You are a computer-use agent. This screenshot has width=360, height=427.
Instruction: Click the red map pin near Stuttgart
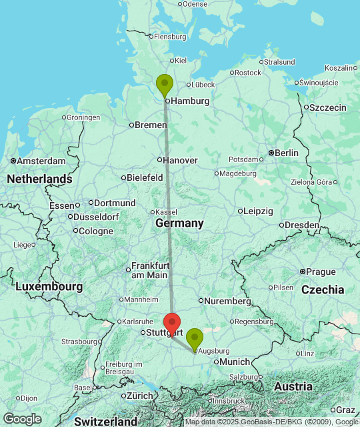click(x=171, y=323)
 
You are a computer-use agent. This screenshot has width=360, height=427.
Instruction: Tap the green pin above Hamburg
click(x=165, y=85)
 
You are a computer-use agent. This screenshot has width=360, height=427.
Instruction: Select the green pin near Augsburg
click(x=194, y=338)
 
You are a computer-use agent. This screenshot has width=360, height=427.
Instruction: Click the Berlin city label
click(x=287, y=153)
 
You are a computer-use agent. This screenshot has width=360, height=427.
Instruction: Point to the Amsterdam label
click(x=41, y=161)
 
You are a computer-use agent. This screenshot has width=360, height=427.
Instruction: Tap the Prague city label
click(x=321, y=272)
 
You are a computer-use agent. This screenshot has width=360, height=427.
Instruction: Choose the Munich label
click(x=235, y=362)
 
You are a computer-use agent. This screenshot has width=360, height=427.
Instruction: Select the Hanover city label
click(x=181, y=160)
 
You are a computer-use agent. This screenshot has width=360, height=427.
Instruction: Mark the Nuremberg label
click(x=231, y=301)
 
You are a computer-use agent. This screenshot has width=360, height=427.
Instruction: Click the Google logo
click(x=22, y=418)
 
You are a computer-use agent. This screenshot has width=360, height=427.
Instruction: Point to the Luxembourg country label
click(x=49, y=287)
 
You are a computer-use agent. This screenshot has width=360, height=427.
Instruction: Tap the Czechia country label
click(x=323, y=290)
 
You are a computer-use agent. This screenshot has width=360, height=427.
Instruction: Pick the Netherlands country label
click(x=39, y=179)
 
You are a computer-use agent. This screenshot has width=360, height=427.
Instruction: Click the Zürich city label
click(x=140, y=396)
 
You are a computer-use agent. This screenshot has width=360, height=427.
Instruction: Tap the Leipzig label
click(x=258, y=211)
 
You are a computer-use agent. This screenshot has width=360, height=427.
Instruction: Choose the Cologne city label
click(x=96, y=231)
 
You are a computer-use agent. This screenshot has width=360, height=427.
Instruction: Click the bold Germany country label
click(x=179, y=224)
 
